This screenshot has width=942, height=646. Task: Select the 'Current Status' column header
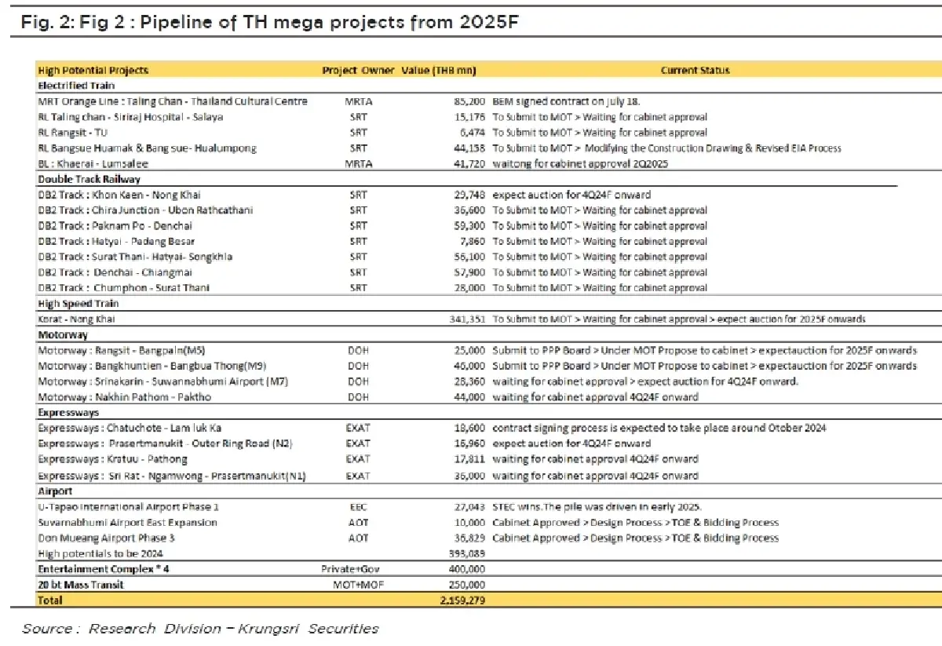click(695, 71)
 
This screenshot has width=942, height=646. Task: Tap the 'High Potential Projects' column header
click(93, 71)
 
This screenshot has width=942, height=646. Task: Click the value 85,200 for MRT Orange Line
click(468, 101)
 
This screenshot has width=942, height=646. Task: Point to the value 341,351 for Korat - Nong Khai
click(465, 319)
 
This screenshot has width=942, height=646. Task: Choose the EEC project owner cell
click(358, 507)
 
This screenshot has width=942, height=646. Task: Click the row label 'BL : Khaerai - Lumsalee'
click(93, 164)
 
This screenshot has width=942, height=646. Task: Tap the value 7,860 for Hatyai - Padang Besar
click(471, 242)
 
